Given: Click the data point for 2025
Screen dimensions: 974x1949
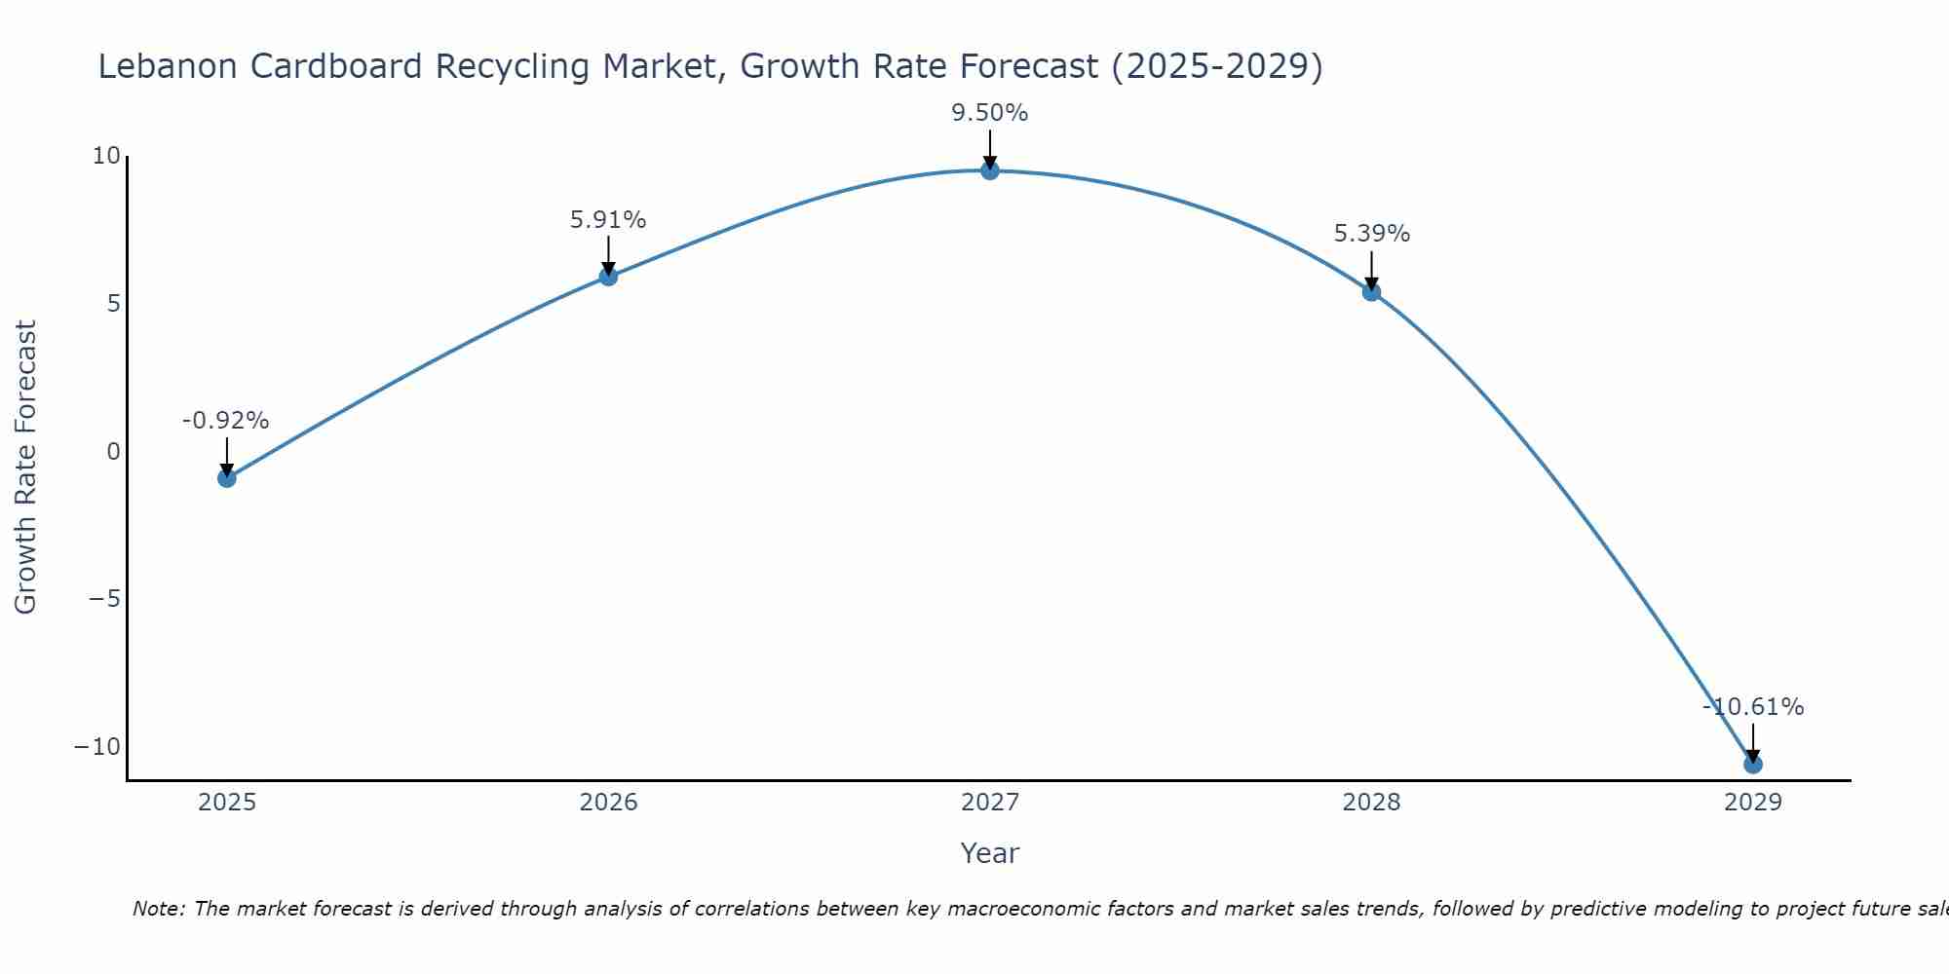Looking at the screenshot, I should click(x=227, y=478).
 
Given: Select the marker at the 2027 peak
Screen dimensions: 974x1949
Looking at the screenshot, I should click(x=990, y=171).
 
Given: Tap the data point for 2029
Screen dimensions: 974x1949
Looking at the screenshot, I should click(x=1753, y=765).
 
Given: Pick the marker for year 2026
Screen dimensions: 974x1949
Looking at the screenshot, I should click(x=608, y=277).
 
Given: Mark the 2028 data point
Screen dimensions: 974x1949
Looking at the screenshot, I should click(x=1371, y=292).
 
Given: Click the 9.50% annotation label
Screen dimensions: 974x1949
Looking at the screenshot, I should click(x=990, y=113).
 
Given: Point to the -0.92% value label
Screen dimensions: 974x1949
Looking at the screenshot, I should click(x=225, y=421).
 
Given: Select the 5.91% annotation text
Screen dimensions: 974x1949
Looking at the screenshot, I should click(x=608, y=220).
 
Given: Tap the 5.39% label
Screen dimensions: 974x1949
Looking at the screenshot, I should click(x=1371, y=234).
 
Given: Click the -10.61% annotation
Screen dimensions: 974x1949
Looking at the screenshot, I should click(x=1753, y=707).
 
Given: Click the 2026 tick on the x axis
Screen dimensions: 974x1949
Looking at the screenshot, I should click(x=608, y=803).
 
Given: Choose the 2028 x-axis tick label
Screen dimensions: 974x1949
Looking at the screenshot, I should click(x=1371, y=803).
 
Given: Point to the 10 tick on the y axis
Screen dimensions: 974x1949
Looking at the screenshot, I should click(x=106, y=156).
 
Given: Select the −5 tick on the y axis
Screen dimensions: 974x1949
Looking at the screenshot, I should click(x=104, y=599).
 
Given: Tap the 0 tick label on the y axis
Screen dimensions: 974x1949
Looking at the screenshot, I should click(x=114, y=452).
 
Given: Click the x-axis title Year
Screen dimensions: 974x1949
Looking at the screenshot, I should click(x=990, y=853).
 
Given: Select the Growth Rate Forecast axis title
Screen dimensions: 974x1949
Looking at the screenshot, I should click(x=25, y=468).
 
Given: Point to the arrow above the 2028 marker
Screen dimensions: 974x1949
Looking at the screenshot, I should click(x=1371, y=270).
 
